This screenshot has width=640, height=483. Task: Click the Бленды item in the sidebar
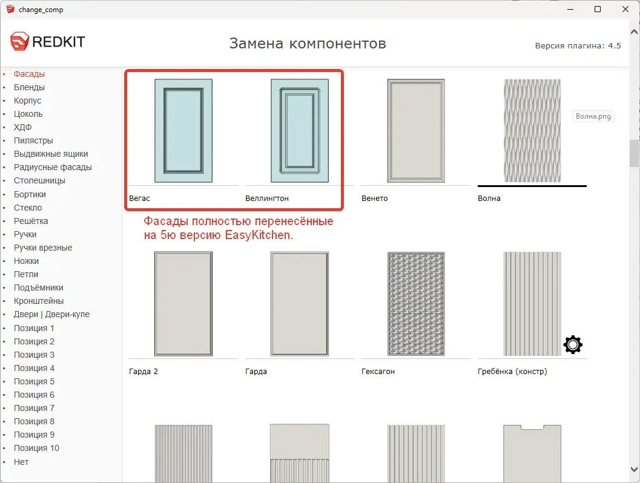[x=29, y=87]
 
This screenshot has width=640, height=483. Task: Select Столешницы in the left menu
[x=39, y=180]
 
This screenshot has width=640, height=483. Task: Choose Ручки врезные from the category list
[x=43, y=248]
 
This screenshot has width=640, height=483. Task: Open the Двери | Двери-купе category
[x=51, y=314]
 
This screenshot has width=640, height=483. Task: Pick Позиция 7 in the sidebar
[x=34, y=408]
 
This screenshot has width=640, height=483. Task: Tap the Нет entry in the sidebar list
[x=21, y=462]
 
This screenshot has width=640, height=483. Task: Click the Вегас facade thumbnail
[x=183, y=131]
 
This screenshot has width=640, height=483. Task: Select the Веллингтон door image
[x=300, y=131]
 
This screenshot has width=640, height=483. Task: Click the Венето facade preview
[x=416, y=131]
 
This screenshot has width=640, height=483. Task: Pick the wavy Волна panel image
[x=532, y=131]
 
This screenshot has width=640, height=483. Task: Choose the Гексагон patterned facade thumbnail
[x=416, y=304]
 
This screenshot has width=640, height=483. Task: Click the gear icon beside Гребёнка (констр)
[x=573, y=344]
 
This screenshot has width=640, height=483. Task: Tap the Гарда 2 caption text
[x=144, y=371]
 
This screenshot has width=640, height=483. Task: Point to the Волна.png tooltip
[x=593, y=116]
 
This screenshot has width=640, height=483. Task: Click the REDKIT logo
[x=48, y=42]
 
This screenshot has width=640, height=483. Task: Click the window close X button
[x=625, y=9]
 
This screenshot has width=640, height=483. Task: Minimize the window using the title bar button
[x=570, y=9]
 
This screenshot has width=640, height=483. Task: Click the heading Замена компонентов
[x=308, y=44]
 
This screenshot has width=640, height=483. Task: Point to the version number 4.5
[x=615, y=45]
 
